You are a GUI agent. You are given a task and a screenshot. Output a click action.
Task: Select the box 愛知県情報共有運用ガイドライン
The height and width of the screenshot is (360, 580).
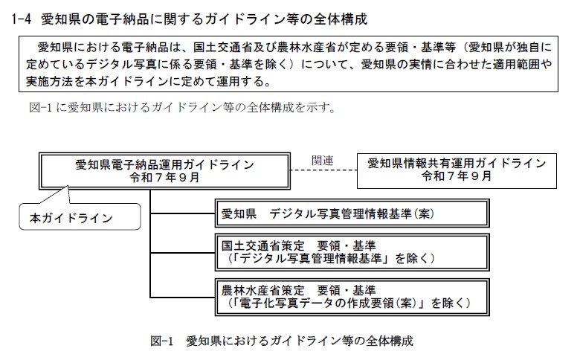(457, 170)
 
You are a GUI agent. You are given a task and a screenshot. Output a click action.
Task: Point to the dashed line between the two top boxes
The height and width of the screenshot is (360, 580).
(322, 171)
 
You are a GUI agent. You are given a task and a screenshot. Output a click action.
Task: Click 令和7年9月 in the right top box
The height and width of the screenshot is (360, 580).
(457, 178)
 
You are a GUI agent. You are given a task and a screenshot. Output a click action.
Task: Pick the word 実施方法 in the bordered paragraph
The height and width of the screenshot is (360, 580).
(48, 80)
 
